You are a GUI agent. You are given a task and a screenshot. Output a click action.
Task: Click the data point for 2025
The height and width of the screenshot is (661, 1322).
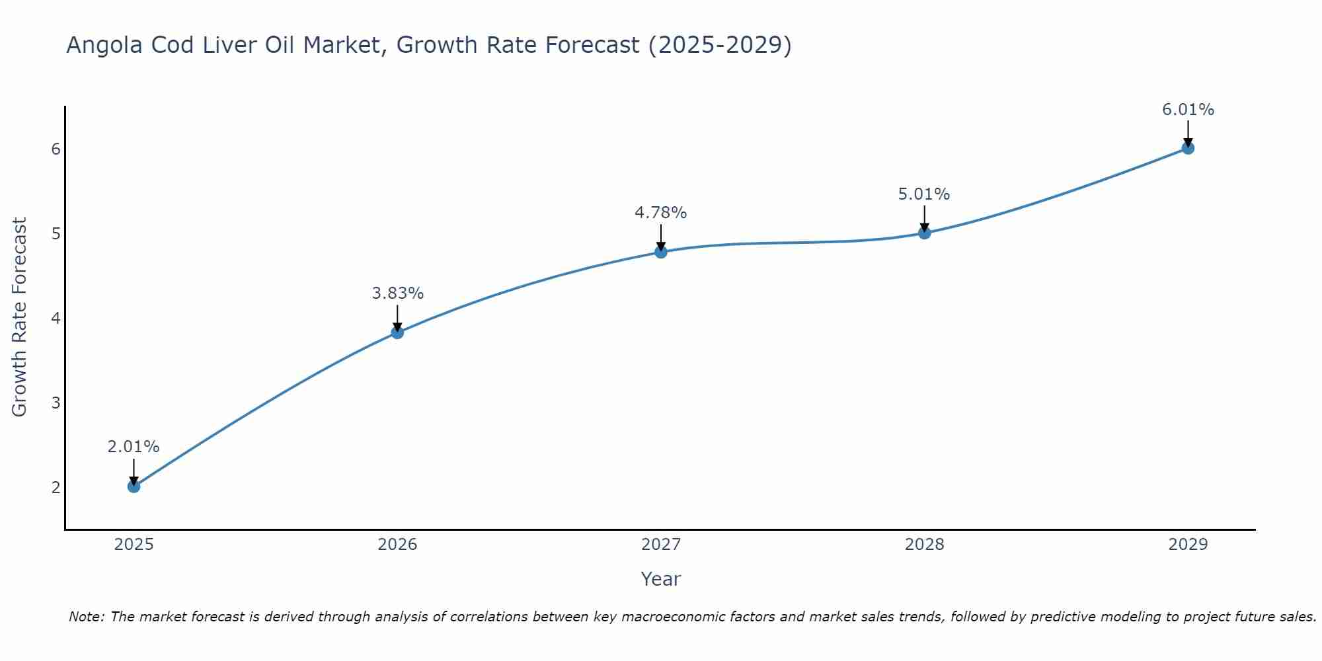pos(134,486)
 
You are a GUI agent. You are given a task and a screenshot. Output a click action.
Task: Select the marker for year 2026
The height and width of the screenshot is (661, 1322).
pos(397,332)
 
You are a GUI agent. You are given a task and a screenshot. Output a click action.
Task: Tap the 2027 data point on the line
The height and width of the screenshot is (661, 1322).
pos(661,252)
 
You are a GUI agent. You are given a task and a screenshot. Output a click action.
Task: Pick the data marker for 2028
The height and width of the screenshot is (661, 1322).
pos(924,233)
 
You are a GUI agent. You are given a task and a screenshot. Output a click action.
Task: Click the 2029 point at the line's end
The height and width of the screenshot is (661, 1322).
pos(1188,148)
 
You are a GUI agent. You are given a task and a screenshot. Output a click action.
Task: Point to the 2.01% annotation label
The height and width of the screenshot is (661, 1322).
pos(134,447)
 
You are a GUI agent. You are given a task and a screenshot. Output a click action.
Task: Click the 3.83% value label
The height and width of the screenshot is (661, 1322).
pos(397,293)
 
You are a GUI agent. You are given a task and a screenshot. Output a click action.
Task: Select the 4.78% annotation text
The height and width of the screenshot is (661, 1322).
pos(661,213)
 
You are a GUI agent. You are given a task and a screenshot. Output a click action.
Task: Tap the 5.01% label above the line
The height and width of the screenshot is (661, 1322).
pos(924,194)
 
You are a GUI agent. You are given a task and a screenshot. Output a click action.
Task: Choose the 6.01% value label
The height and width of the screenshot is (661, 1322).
pos(1188,110)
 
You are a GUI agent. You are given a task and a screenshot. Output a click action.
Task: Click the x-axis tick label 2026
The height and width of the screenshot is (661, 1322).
pos(397,545)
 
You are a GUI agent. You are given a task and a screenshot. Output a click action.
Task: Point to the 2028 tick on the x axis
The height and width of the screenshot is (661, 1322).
pos(924,545)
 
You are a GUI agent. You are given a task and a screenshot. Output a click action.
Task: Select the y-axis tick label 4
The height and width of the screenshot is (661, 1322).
pos(56,319)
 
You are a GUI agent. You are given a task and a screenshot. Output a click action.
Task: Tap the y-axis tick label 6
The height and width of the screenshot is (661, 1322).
pos(56,149)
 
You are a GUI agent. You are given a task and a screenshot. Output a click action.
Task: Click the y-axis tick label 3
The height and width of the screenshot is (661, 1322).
pos(56,403)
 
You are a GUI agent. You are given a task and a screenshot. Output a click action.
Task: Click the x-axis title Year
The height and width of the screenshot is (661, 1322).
pos(661,579)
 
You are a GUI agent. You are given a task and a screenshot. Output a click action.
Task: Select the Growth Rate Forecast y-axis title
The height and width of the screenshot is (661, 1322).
pos(20,317)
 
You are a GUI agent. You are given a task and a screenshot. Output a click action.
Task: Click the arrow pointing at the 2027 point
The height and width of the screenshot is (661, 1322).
pos(661,237)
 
